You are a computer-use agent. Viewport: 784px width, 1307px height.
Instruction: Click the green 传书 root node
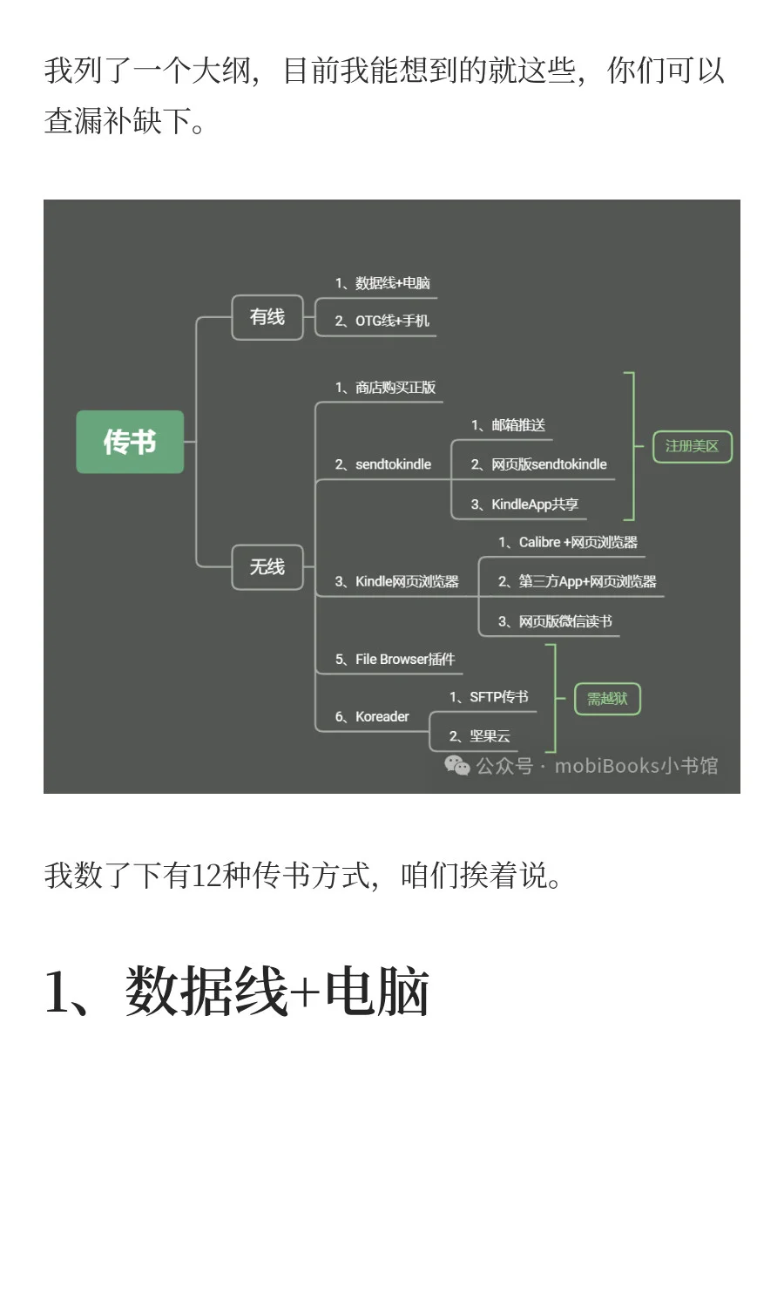[130, 442]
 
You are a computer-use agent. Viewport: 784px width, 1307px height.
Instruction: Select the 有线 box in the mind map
[267, 317]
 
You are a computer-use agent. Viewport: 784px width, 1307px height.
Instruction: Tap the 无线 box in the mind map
[267, 567]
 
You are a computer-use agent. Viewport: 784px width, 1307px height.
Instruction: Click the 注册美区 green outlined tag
[692, 446]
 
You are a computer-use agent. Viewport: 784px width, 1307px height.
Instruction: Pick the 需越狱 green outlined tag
[607, 699]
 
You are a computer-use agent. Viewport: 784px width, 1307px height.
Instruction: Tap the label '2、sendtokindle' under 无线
[383, 464]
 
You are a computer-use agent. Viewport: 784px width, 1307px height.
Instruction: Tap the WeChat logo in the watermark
[456, 765]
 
